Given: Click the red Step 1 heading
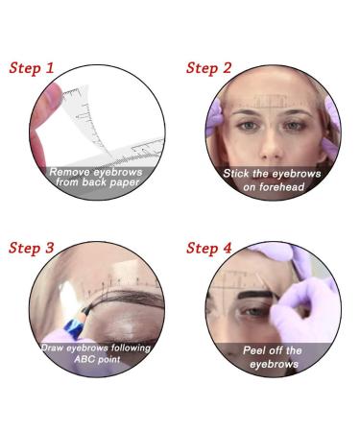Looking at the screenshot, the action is (32, 68).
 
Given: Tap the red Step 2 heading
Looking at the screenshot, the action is (208, 68).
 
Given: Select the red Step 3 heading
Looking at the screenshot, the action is (32, 248).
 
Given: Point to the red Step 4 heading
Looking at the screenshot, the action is (209, 248).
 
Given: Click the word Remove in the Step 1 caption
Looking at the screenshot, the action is (69, 172).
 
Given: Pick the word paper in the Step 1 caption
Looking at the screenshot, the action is (125, 183).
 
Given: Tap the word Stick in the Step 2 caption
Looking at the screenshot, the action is (236, 174).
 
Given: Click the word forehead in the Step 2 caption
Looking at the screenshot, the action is (281, 187).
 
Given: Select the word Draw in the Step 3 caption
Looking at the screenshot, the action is (52, 348).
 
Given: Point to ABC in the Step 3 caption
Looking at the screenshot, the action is (84, 359).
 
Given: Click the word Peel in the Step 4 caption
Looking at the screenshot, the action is (254, 350).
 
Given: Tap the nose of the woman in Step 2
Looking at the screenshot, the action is (272, 146).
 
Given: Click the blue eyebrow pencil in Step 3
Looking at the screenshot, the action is (76, 323).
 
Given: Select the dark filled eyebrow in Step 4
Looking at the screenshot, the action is (255, 295).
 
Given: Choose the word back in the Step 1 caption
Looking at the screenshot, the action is (95, 182).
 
